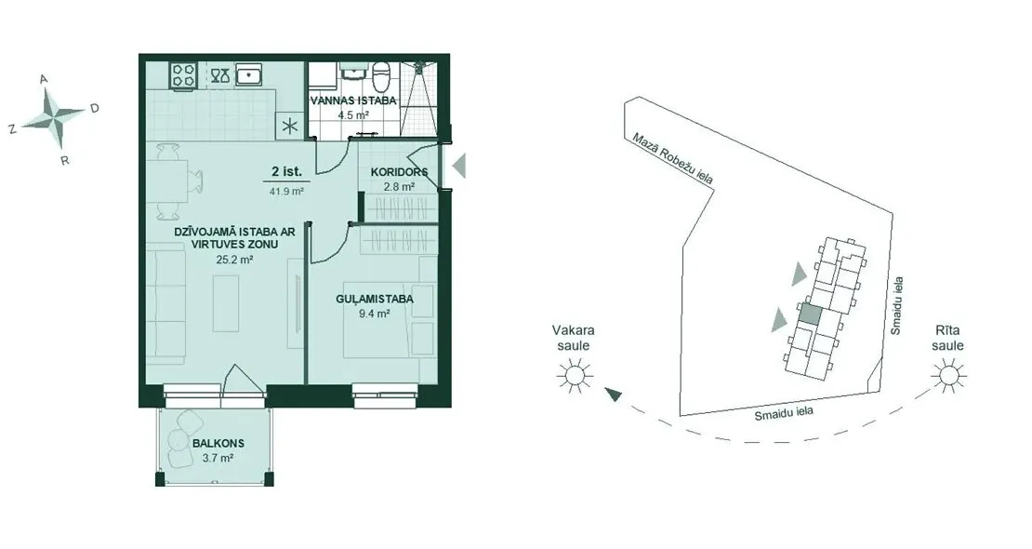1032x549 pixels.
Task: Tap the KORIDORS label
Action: tap(399, 172)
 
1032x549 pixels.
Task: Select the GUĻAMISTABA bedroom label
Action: tap(375, 300)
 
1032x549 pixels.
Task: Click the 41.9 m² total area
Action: tap(286, 192)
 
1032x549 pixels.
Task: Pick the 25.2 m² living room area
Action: tap(235, 260)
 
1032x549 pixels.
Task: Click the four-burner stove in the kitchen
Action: tap(184, 74)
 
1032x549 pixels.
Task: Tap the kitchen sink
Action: tap(249, 74)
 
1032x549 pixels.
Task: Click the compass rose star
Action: tap(54, 116)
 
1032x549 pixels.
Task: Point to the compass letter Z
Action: tap(12, 130)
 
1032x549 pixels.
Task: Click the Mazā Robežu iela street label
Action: tap(672, 158)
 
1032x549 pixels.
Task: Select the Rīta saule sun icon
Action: tap(949, 376)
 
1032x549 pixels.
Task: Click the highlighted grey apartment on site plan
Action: tap(810, 314)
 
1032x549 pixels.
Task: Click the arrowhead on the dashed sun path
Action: tap(613, 395)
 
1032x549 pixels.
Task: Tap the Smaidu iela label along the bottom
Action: tap(784, 414)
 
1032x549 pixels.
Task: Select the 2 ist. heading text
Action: tap(286, 172)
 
